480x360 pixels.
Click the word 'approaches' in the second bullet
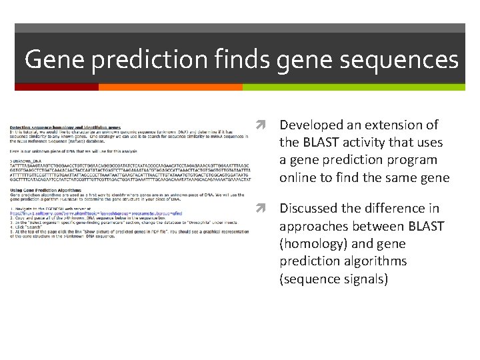pyautogui.click(x=311, y=227)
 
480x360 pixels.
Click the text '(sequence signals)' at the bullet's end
pyautogui.click(x=333, y=279)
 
